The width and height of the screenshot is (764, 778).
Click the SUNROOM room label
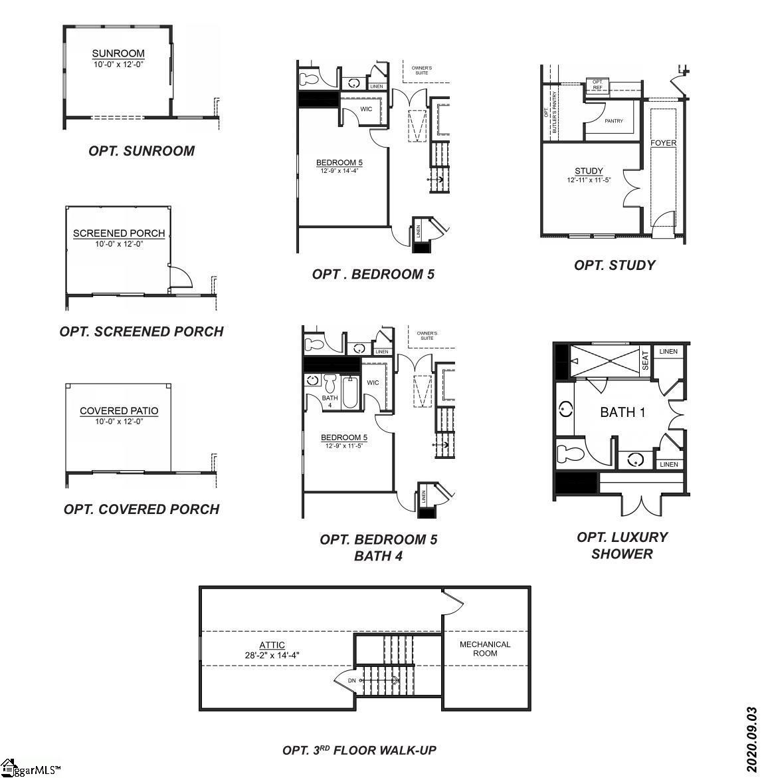pos(118,54)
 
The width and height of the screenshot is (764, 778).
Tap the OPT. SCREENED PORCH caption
pos(142,331)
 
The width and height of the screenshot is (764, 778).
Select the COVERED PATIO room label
pos(119,411)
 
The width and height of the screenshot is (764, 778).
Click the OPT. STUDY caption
pos(615,265)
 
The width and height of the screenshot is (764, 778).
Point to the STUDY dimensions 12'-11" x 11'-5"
pos(589,180)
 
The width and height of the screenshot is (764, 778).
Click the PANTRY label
pos(614,121)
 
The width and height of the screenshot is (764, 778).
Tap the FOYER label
pos(663,143)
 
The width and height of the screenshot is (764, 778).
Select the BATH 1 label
pos(622,412)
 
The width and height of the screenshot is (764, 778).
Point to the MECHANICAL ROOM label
pos(485,648)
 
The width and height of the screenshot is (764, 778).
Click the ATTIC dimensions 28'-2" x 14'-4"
pos(272,654)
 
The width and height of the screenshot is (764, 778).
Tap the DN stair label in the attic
pos(352,680)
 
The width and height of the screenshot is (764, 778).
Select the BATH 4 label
pos(330,402)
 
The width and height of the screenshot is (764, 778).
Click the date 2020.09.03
pos(751,739)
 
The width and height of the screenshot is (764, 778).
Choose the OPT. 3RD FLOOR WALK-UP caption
pos(359,750)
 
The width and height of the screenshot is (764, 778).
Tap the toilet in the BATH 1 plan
pos(571,454)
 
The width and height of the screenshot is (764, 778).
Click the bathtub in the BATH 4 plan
pos(350,392)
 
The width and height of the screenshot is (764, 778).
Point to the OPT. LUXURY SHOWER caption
pos(622,545)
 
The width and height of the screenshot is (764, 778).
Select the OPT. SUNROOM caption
pos(142,151)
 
